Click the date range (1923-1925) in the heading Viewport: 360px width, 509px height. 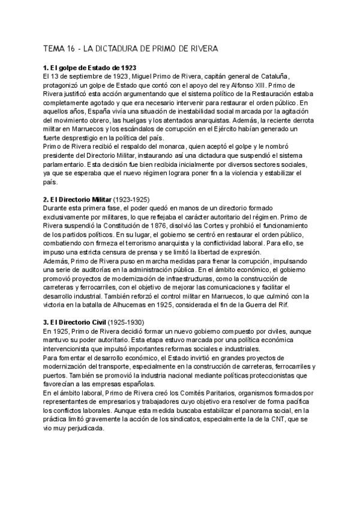[128, 199]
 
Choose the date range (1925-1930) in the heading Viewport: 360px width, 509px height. [126, 322]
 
